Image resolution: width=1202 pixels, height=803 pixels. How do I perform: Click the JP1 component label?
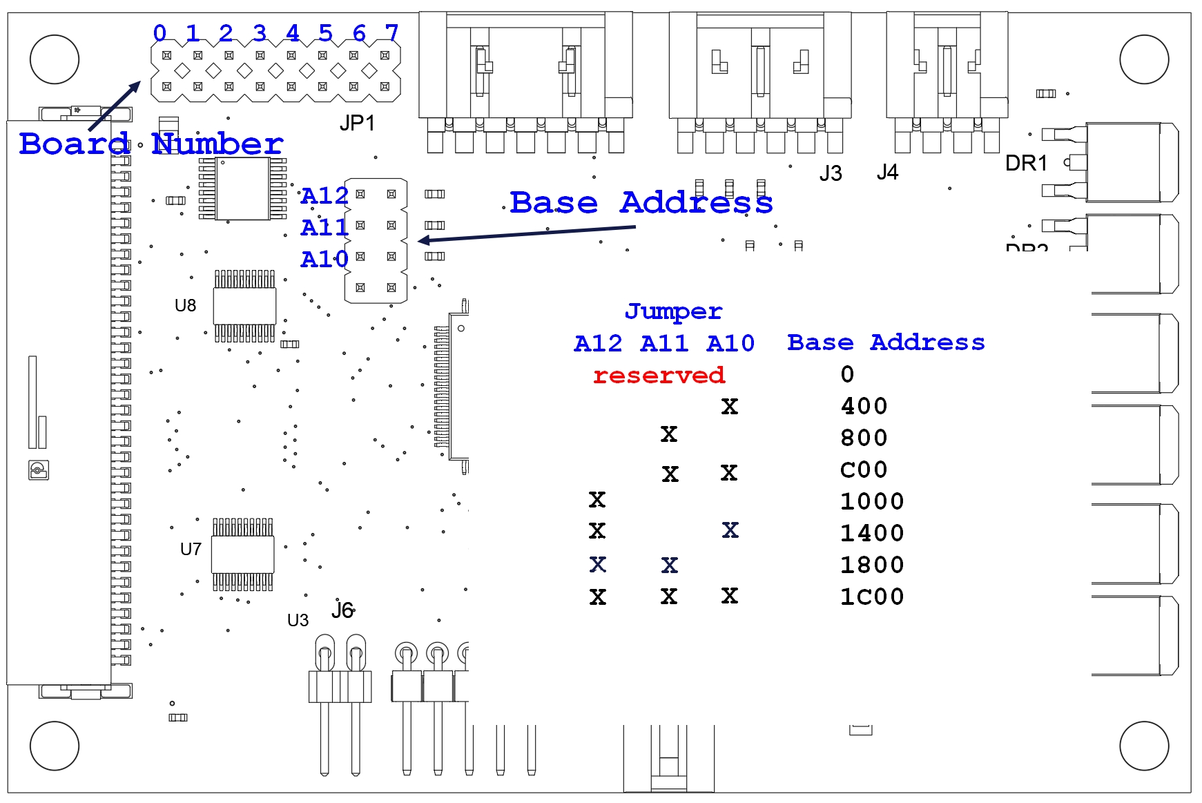pos(357,123)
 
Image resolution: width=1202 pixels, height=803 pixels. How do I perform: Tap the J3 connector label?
pos(831,173)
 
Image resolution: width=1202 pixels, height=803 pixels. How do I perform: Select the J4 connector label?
pos(887,172)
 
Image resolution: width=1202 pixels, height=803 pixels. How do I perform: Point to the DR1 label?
pos(1026,164)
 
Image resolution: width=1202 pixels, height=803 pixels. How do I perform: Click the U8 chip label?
pos(185,305)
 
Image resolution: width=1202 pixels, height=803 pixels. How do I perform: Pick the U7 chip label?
pos(191,549)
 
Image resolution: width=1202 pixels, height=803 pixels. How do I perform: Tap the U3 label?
pos(298,620)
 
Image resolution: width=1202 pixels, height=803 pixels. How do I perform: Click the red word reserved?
pos(659,375)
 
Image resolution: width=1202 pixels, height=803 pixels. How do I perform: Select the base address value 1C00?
pos(872,597)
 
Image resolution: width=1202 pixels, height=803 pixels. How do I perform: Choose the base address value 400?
pos(864,406)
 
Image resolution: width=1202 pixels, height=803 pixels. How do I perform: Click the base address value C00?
pos(864,470)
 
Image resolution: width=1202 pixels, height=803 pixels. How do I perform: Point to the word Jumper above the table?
pos(673,311)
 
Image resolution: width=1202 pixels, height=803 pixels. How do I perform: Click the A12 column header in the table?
pos(598,343)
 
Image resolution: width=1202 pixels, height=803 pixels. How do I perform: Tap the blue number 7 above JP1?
pos(391,32)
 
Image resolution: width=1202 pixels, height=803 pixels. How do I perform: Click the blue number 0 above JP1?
pos(159,32)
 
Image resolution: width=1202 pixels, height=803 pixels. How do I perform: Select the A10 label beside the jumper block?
pos(324,259)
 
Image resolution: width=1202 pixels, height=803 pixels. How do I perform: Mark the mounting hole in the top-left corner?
pos(55,59)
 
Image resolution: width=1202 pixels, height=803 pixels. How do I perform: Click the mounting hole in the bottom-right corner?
pos(1144,746)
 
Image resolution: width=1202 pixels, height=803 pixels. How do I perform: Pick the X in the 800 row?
pos(668,434)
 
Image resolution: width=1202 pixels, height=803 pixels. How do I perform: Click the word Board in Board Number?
pos(74,144)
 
